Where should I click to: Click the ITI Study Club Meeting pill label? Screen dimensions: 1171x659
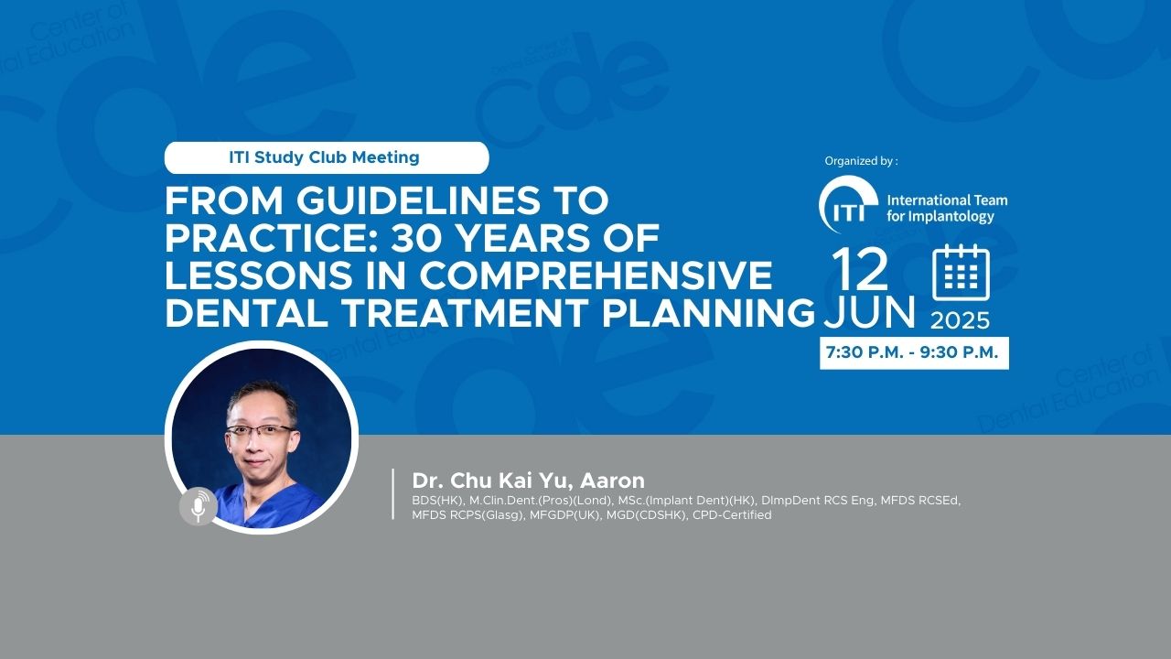pos(327,157)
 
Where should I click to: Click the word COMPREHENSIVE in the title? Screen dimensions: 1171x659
pos(596,275)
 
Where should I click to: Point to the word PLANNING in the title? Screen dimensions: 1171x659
pos(709,313)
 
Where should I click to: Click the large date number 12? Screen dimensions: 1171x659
pos(860,270)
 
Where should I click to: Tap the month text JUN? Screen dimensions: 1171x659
pos(869,312)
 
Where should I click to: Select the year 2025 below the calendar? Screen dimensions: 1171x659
pos(961,320)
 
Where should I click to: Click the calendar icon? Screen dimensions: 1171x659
pos(961,273)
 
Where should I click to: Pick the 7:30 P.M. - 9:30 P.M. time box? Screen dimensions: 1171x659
pos(914,353)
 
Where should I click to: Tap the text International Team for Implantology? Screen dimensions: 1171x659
pos(947,208)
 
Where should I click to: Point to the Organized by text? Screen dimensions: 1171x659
pos(861,161)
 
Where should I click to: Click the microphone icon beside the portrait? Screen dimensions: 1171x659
pos(199,506)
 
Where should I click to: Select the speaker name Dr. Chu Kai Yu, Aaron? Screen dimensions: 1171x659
pos(528,481)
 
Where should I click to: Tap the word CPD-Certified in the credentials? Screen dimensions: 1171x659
pos(732,515)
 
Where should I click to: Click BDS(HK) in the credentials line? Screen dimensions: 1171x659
pos(437,501)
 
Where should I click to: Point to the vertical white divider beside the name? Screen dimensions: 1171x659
pos(393,494)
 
